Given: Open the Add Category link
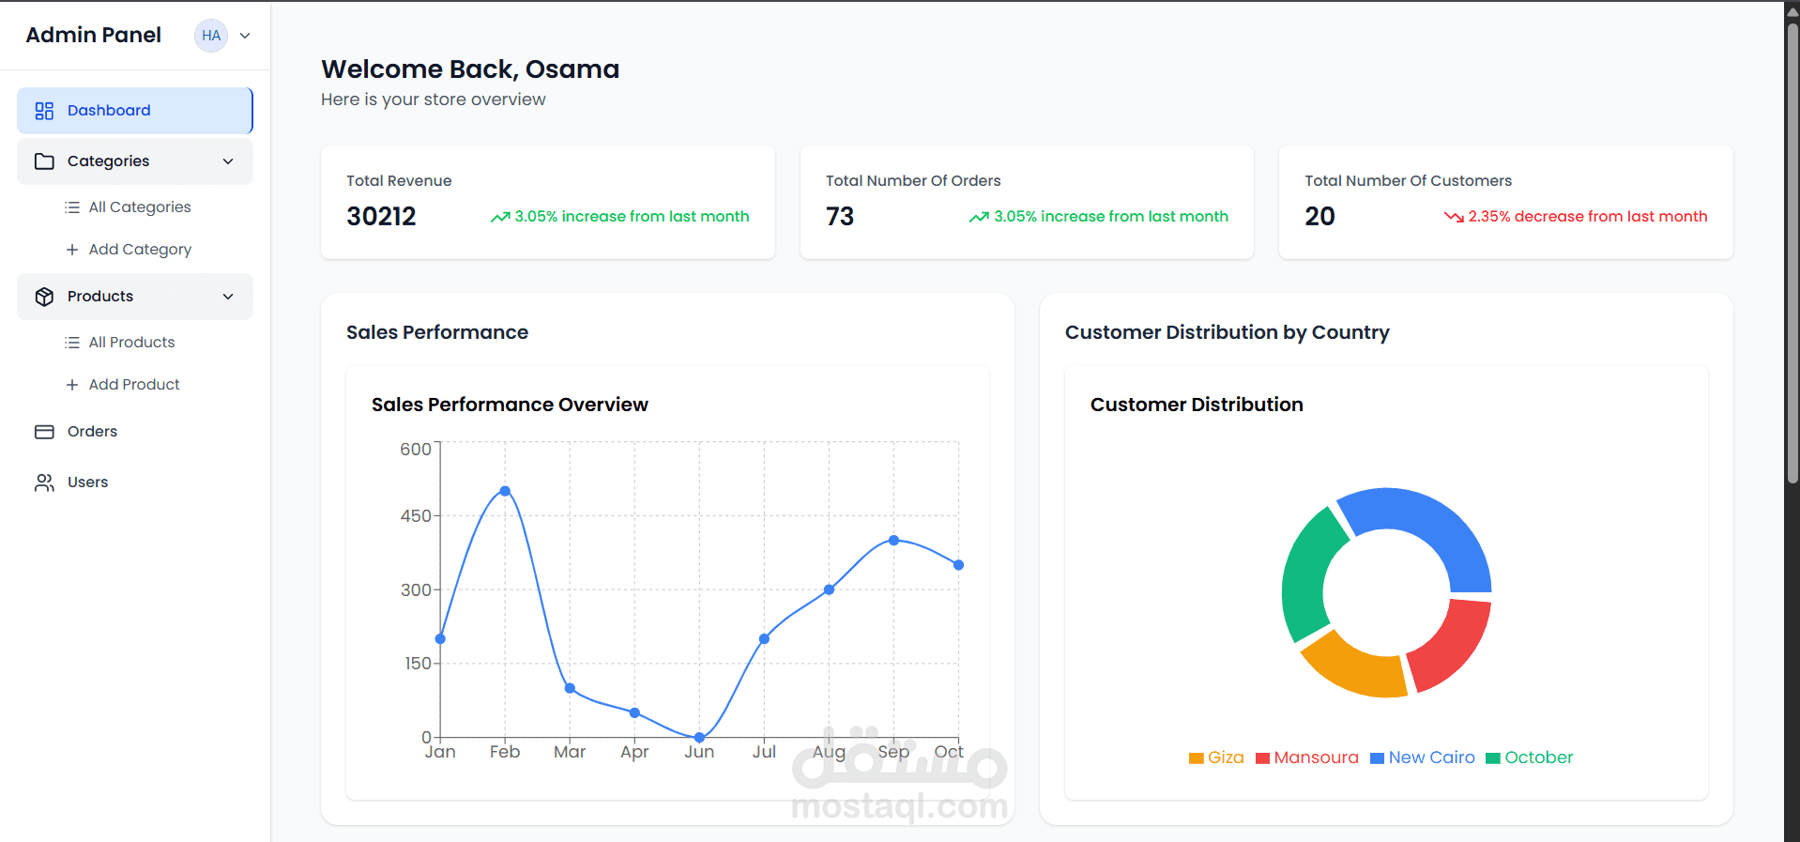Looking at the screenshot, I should click(x=139, y=250).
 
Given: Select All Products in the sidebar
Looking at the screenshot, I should click(x=130, y=343).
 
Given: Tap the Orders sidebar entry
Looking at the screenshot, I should click(x=92, y=432).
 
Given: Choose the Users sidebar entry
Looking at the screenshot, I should click(x=87, y=482).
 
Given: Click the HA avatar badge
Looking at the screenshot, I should click(x=211, y=36).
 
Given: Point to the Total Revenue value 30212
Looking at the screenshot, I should click(x=381, y=217).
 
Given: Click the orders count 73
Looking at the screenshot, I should click(x=840, y=217).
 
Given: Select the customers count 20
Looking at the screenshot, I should click(x=1319, y=217).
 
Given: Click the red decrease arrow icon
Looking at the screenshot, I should click(x=1454, y=217).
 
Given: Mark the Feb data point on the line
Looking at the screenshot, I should click(x=505, y=491).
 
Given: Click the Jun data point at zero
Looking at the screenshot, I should click(x=699, y=737).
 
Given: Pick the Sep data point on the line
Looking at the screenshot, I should click(x=893, y=541).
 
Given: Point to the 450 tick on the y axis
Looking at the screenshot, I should click(x=416, y=516).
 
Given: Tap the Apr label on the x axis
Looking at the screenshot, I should click(x=634, y=752).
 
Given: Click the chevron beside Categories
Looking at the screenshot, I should click(x=228, y=161).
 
